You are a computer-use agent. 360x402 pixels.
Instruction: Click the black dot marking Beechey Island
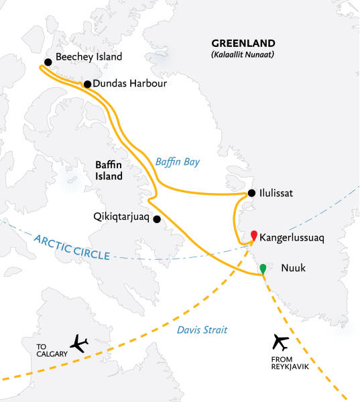pos(48,62)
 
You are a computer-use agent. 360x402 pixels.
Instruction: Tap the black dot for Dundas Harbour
pos(86,84)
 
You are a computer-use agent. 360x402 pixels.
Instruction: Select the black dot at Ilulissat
pos(251,194)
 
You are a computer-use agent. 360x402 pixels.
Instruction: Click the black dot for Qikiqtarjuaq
pos(157,219)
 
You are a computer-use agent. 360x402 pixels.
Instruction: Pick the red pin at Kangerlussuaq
pos(254,235)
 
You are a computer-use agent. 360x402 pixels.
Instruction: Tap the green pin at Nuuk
pos(263,269)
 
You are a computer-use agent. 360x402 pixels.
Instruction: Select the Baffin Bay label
pos(177,161)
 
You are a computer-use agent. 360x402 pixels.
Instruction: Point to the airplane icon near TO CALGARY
pos(79,344)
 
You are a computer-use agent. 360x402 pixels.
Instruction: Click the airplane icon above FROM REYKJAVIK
pos(281,343)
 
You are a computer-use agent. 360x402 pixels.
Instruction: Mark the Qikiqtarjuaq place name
pos(121,217)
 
